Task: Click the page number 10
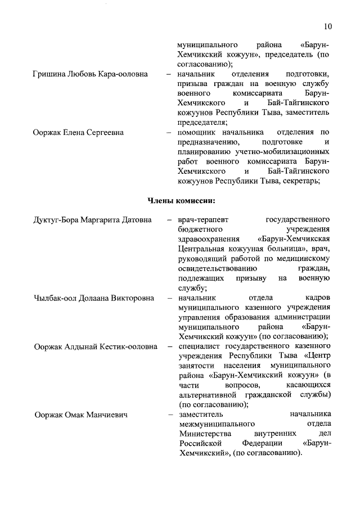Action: (x=328, y=26)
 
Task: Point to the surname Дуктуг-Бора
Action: (x=57, y=219)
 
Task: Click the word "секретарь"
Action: (x=303, y=181)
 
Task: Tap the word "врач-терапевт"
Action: (x=202, y=219)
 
